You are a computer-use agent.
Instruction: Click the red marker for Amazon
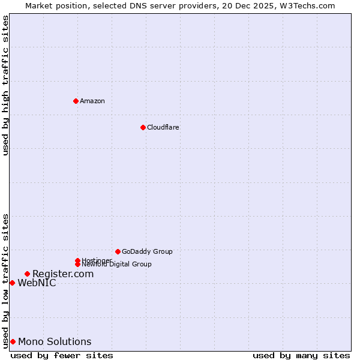76,101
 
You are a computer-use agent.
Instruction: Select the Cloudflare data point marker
143,127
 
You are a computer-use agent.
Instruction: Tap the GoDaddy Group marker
118,251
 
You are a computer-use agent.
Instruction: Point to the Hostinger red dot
77,260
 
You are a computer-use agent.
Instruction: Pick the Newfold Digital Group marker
77,264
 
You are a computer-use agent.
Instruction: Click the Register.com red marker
27,274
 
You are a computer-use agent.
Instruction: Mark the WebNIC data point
12,283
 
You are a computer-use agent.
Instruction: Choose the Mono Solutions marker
13,341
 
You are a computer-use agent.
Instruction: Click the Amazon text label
92,101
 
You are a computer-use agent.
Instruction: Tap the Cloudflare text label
163,127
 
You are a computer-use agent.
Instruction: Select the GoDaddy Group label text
147,251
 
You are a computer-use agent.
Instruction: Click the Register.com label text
63,274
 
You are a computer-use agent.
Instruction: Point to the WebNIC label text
37,283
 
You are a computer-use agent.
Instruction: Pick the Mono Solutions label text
55,341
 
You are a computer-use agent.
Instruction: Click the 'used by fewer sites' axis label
62,355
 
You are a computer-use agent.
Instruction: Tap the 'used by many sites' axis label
301,355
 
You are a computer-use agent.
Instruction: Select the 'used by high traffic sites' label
5,85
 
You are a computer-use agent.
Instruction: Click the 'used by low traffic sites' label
5,281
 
